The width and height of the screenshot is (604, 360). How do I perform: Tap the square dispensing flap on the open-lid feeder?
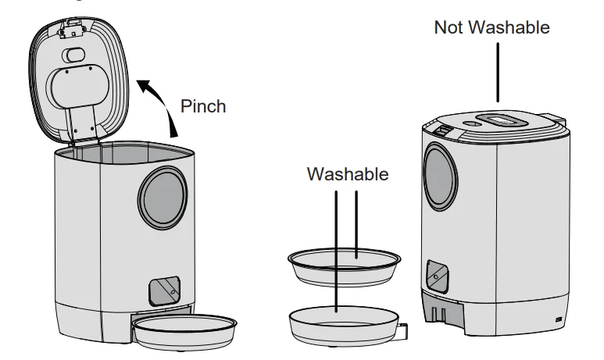[164, 290]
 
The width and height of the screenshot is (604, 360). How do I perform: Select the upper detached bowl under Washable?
[345, 266]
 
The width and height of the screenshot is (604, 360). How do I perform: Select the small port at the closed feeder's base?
[557, 320]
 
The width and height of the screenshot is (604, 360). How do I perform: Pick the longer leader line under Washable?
[337, 250]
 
